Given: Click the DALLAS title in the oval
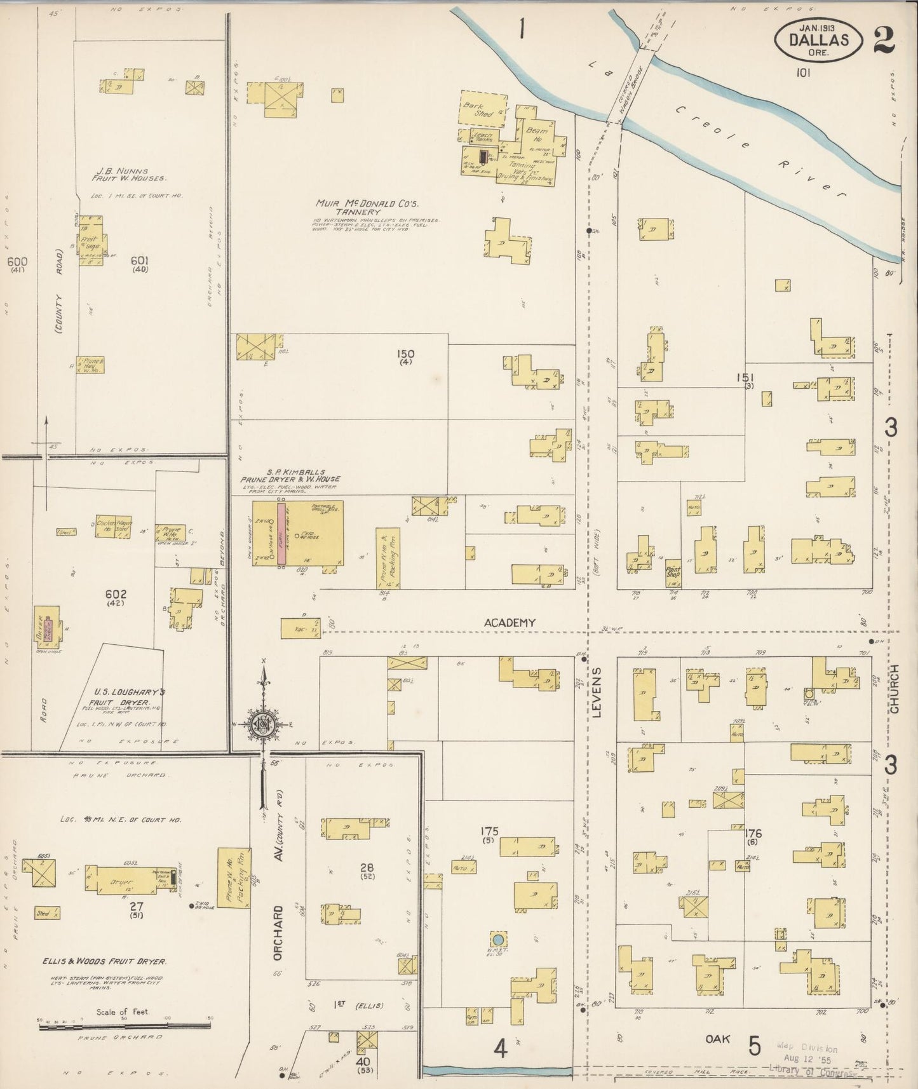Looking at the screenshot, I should pos(819,39).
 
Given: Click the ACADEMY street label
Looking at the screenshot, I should pos(510,623).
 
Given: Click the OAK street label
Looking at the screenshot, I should pos(719,1039).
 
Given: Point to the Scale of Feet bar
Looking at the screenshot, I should pos(125,1026).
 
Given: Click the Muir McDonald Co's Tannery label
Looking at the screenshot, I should pos(360,208).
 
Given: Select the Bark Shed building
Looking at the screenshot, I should pos(483,110).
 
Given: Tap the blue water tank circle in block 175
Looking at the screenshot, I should pos(499,938).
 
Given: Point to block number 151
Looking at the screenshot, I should pos(745,377).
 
